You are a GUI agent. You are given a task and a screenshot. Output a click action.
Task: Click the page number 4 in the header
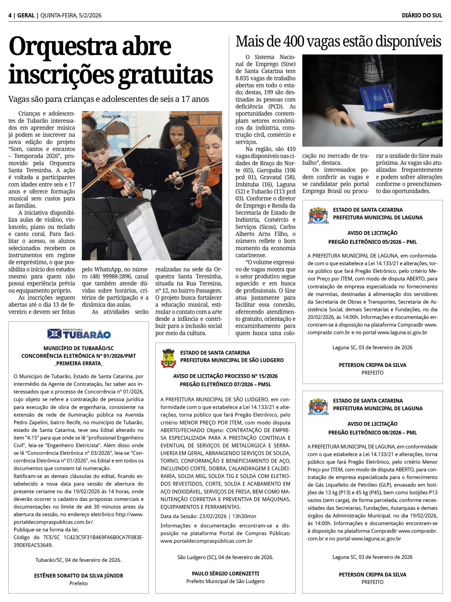pos(10,15)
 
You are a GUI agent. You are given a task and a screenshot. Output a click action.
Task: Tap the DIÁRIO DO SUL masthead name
pos(422,15)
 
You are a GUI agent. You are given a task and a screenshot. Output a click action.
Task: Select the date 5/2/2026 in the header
pos(90,15)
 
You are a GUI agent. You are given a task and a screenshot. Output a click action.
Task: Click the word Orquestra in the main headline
pos(90,46)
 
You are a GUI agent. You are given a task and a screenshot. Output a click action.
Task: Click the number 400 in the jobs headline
pos(294,42)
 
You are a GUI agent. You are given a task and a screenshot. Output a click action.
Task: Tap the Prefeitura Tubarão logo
pos(79,334)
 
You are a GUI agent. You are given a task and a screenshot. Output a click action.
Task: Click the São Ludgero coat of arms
pos(169,358)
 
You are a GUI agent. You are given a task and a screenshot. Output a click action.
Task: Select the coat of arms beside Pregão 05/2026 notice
pos(318,215)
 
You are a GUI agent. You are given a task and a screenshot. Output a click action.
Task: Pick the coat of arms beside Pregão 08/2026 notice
pos(318,406)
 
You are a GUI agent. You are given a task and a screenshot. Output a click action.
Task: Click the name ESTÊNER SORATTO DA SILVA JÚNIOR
pos(78,575)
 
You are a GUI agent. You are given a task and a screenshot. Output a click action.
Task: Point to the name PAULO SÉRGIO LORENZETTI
pos(225,573)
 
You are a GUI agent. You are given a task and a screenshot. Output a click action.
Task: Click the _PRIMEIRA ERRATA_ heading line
pos(78,363)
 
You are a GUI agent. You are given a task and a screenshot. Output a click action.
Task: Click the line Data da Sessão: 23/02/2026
pos(208,516)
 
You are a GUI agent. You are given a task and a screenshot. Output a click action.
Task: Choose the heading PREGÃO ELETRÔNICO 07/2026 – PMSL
pos(225,384)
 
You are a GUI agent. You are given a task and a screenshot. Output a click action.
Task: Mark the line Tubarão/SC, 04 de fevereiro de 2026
pos(78,560)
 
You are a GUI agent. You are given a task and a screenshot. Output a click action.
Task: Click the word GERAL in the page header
pos(26,15)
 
